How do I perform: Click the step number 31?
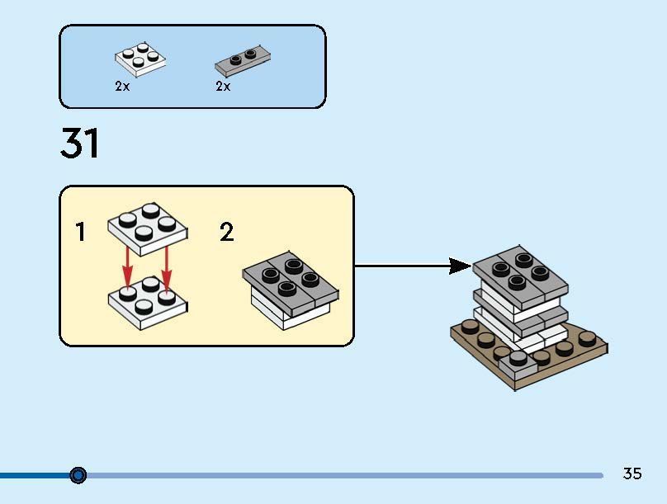tap(80, 144)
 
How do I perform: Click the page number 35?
tap(632, 473)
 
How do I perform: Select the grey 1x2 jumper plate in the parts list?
tap(243, 60)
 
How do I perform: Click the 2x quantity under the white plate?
tap(122, 86)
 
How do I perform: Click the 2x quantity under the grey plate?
tap(223, 86)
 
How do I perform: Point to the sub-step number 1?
tap(80, 233)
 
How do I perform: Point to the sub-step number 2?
tap(226, 233)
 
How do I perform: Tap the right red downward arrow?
tap(166, 263)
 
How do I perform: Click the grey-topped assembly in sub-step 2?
tap(290, 289)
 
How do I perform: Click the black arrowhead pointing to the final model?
tap(460, 266)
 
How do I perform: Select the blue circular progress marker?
tap(78, 475)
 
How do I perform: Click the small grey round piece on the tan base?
tap(518, 358)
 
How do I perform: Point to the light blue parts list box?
tap(192, 66)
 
